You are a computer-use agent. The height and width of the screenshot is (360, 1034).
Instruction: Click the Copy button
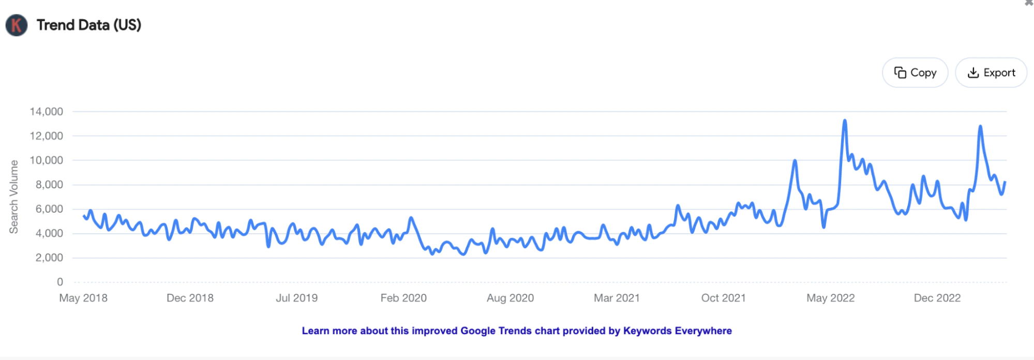[x=915, y=73]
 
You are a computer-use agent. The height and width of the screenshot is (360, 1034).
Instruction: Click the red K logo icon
[x=16, y=25]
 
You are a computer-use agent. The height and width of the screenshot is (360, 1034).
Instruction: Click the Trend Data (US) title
[x=89, y=25]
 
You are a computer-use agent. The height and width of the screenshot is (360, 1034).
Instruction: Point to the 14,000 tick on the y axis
[x=47, y=112]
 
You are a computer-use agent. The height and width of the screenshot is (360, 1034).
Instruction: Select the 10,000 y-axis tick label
[x=47, y=160]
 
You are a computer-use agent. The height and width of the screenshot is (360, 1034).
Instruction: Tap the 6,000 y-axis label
[x=49, y=209]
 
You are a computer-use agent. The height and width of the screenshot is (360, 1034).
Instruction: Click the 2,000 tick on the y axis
[x=49, y=258]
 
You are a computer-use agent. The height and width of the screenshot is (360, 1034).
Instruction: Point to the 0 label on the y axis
[x=60, y=282]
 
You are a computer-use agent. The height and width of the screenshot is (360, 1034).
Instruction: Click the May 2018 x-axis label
[x=83, y=298]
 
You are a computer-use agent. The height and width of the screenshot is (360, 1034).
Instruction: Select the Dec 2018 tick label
[x=190, y=298]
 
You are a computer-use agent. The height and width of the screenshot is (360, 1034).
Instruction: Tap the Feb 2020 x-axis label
[x=403, y=298]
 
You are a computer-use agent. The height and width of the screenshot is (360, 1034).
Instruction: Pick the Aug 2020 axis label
[x=510, y=298]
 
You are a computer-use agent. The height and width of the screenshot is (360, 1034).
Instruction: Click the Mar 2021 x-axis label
[x=617, y=298]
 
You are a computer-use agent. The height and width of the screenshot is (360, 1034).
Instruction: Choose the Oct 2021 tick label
[x=723, y=298]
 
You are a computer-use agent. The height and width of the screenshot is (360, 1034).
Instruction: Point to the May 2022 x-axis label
[x=830, y=298]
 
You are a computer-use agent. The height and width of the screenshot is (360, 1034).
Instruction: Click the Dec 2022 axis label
[x=937, y=298]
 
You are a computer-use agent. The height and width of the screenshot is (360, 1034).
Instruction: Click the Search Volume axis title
[x=14, y=197]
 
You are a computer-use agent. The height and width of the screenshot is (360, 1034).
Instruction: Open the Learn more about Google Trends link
[x=517, y=331]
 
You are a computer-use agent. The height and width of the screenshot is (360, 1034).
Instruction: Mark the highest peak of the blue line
[x=844, y=121]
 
